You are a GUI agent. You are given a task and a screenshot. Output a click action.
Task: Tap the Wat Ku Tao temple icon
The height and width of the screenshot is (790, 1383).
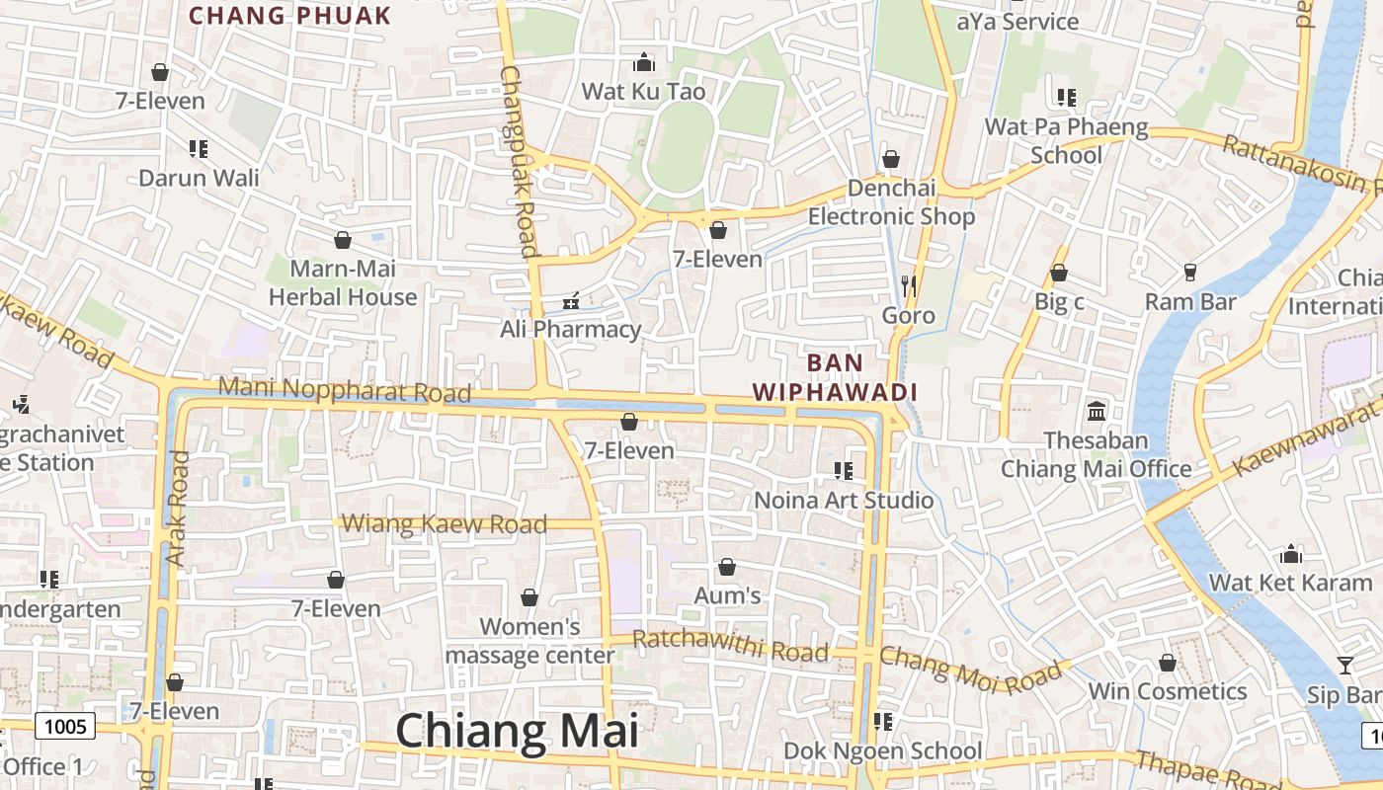tap(644, 62)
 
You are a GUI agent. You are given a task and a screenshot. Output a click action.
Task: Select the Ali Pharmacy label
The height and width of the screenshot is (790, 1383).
tap(571, 329)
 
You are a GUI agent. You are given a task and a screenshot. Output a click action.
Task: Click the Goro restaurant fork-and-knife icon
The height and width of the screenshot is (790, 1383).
tap(909, 285)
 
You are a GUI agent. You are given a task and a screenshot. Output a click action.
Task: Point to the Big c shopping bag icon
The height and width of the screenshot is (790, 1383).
tap(1059, 273)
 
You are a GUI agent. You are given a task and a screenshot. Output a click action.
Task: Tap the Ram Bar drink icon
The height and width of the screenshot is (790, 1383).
tap(1189, 272)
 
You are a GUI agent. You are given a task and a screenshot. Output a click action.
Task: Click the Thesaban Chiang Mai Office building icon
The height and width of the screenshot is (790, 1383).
tap(1097, 410)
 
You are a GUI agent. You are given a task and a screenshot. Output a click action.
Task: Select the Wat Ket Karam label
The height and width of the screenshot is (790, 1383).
tap(1291, 583)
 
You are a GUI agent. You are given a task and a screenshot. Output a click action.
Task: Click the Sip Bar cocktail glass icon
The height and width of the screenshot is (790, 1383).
tap(1344, 665)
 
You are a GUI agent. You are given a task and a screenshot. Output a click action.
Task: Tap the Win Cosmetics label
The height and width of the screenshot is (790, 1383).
tap(1168, 691)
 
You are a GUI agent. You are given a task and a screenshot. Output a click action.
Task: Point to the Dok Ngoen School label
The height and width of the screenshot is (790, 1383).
tap(883, 750)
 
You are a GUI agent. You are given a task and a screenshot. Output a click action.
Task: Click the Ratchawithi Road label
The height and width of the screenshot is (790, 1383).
tap(730, 646)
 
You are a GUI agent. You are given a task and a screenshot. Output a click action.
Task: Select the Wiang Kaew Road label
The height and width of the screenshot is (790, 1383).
tap(445, 523)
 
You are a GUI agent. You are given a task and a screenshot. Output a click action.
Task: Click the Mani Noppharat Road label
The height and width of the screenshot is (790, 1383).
tap(345, 389)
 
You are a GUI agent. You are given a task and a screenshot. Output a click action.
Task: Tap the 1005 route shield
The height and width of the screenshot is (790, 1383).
tap(67, 727)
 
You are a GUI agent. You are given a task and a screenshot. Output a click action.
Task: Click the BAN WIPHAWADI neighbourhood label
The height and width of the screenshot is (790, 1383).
tap(836, 377)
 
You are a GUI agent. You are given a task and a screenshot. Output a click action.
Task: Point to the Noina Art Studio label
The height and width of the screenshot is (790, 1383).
tap(844, 500)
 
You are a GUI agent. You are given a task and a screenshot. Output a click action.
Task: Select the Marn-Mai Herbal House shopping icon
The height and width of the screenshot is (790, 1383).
tap(343, 240)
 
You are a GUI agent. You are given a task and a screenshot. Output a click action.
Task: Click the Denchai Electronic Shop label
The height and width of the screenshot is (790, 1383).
tap(891, 202)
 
